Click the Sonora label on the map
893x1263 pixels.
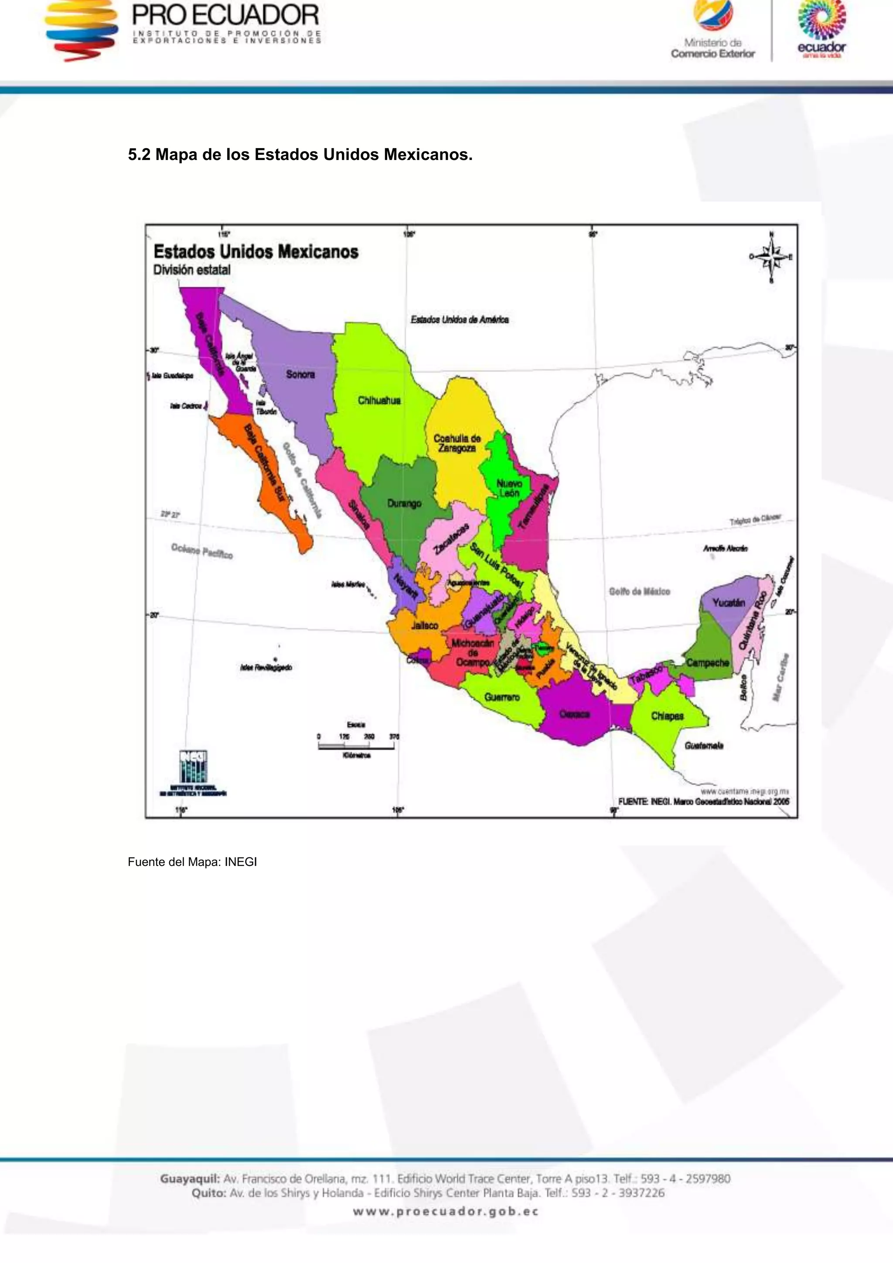(300, 374)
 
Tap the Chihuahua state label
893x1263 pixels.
(379, 400)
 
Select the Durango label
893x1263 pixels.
(404, 503)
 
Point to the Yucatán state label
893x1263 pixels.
(729, 602)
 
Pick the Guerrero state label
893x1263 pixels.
(502, 697)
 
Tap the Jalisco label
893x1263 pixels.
(425, 625)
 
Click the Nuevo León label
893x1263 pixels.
(508, 488)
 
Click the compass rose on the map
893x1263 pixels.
(771, 257)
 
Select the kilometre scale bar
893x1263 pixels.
(356, 745)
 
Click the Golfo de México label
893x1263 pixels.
(639, 591)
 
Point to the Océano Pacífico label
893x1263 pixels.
(202, 550)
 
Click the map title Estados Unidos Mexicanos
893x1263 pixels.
(256, 252)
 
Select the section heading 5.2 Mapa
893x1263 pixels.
(300, 155)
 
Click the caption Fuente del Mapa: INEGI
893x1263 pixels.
(192, 862)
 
